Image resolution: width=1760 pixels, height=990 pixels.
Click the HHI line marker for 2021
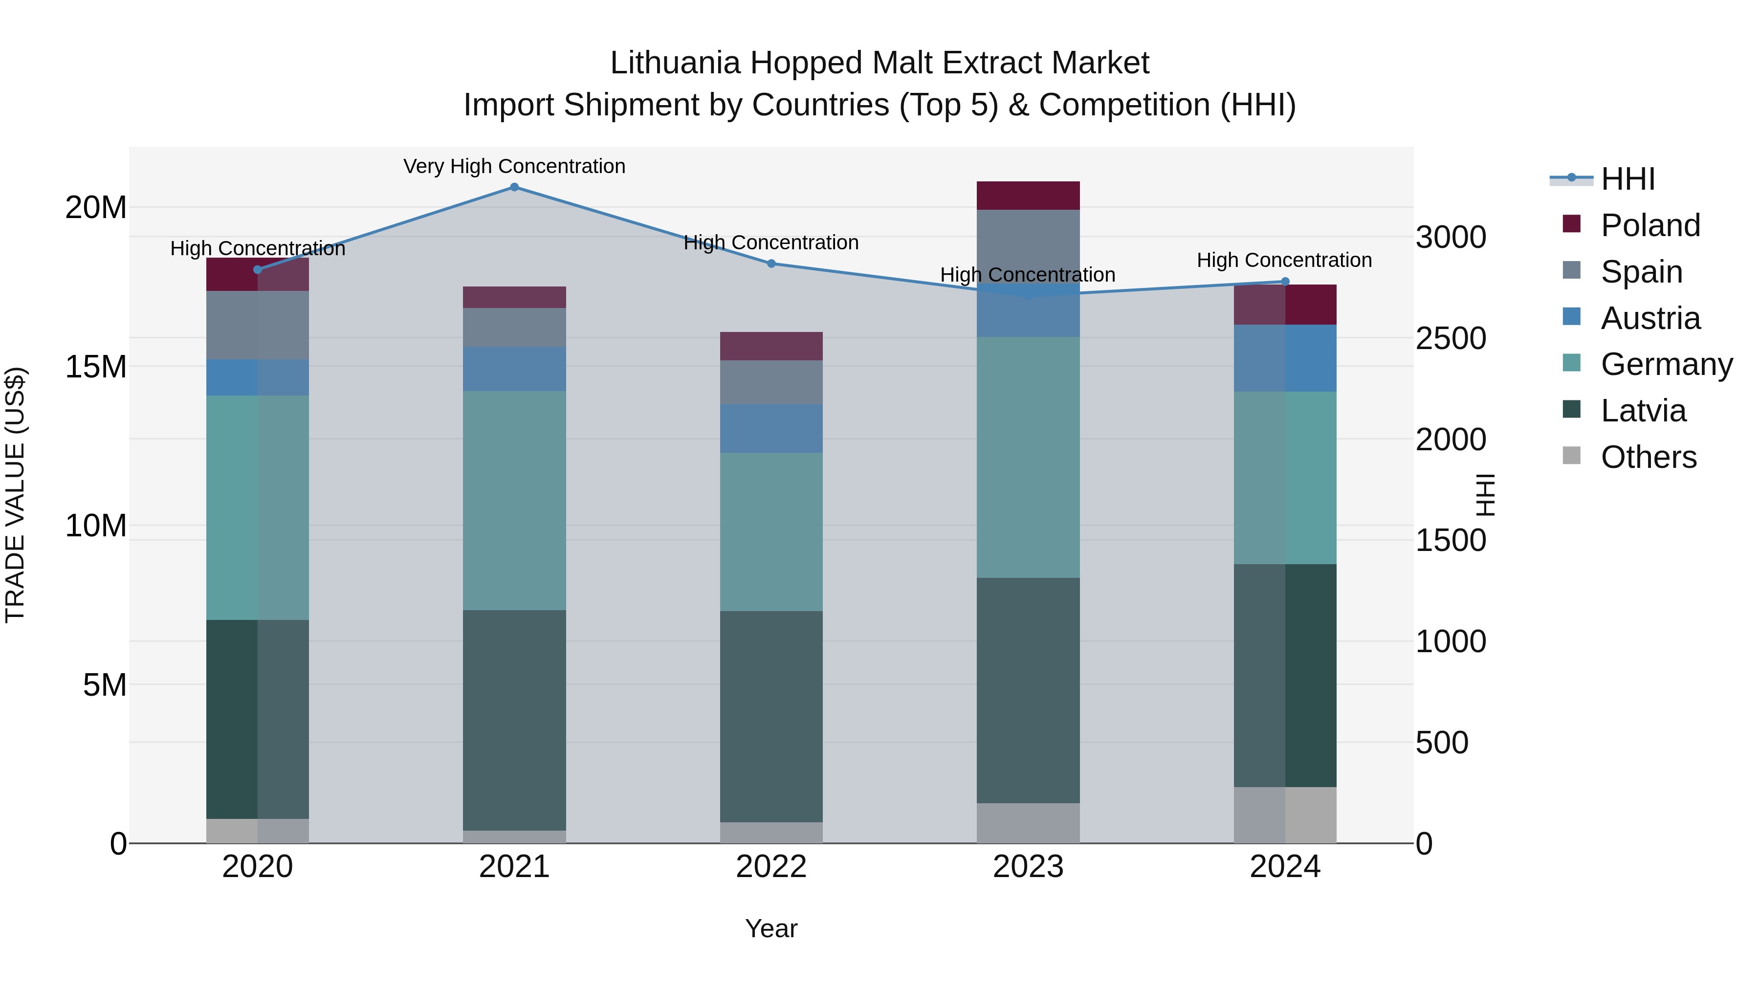pos(514,187)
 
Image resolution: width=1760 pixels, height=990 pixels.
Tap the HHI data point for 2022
pos(771,264)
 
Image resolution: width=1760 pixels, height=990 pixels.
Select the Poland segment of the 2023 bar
pos(1028,196)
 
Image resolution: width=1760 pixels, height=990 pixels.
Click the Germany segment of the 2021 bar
pos(514,500)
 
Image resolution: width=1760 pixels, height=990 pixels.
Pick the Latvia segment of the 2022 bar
pos(771,716)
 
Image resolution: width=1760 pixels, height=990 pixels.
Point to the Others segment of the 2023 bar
pos(1028,823)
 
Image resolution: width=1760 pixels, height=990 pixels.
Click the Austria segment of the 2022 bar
pos(771,428)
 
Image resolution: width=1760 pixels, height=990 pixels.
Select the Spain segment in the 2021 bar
pos(514,327)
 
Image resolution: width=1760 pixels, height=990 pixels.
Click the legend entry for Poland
pos(1650,225)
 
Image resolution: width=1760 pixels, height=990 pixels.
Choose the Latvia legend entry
pos(1643,411)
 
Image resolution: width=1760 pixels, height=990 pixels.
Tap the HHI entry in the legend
pos(1628,179)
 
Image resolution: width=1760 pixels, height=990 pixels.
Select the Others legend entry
pos(1648,457)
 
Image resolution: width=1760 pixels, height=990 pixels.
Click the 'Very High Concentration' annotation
pos(514,166)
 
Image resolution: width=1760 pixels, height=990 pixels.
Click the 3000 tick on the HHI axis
pos(1451,238)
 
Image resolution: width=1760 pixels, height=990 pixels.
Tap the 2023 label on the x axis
pos(1028,867)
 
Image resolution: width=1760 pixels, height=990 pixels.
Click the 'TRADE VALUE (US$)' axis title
pos(15,495)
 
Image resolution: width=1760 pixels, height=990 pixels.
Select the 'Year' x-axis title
pos(771,928)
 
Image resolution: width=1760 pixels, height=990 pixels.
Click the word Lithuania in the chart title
pos(675,63)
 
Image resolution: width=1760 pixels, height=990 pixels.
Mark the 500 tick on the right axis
pos(1442,743)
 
